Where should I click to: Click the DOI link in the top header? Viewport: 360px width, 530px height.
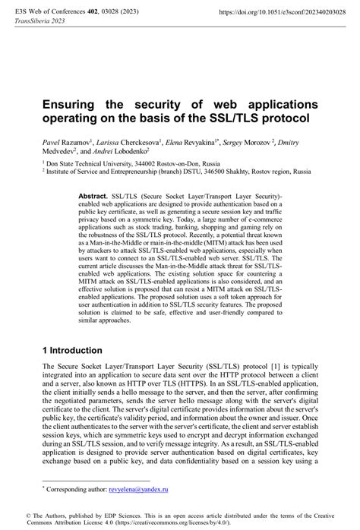click(287, 13)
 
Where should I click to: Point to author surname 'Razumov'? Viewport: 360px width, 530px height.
click(76, 142)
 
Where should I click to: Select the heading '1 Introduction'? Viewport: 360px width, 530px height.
click(73, 350)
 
